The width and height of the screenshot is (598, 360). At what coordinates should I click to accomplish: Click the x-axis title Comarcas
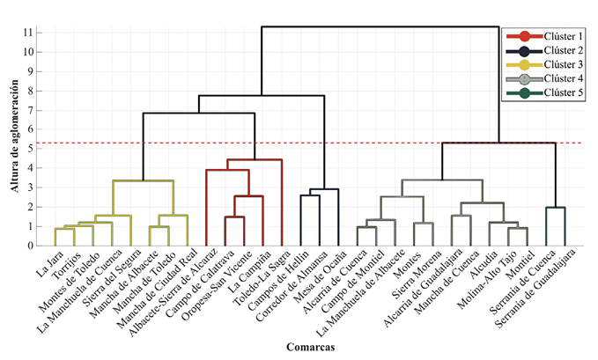pos(309,347)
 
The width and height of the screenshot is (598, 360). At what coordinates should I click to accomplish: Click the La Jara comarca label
pos(45,261)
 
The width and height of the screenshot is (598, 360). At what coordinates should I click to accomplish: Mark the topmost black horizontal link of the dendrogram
pos(380,27)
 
